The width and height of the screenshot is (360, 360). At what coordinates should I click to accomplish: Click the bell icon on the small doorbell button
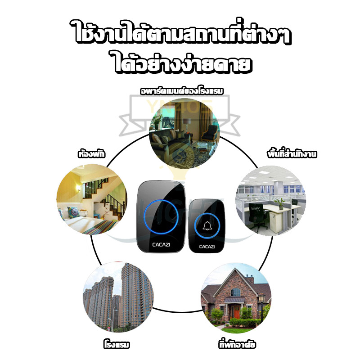pyautogui.click(x=207, y=226)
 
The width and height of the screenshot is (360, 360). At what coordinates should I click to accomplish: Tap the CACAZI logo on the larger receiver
pyautogui.click(x=161, y=245)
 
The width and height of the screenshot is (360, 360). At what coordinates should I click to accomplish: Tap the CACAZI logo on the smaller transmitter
pyautogui.click(x=207, y=247)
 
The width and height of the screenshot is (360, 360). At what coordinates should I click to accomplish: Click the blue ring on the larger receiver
pyautogui.click(x=161, y=216)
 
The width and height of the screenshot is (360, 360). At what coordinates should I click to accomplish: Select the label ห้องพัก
pyautogui.click(x=91, y=154)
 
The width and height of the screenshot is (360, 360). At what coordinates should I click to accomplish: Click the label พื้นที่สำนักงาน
pyautogui.click(x=292, y=154)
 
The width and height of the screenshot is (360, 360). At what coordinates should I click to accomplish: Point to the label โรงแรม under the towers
pyautogui.click(x=117, y=345)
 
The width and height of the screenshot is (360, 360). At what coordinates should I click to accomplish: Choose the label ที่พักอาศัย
pyautogui.click(x=237, y=345)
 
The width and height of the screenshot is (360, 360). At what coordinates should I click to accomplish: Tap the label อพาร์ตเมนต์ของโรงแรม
pyautogui.click(x=182, y=91)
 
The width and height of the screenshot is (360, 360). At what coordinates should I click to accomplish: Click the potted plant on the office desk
pyautogui.click(x=280, y=203)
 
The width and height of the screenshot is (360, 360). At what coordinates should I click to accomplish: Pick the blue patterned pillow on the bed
pyautogui.click(x=73, y=212)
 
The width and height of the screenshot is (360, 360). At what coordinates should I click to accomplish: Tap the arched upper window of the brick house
pyautogui.click(x=235, y=292)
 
